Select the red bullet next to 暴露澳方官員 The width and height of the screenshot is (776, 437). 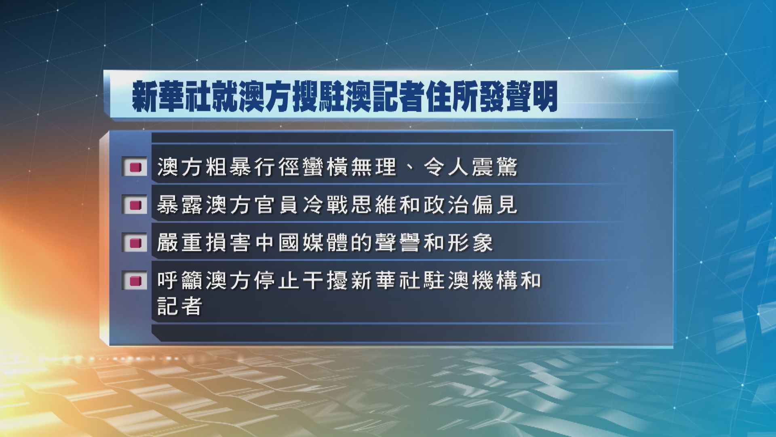tap(135, 206)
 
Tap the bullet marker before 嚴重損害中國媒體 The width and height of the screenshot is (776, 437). tap(135, 243)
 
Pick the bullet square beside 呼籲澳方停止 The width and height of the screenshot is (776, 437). tap(135, 280)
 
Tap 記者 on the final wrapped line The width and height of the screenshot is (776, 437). tap(179, 306)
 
